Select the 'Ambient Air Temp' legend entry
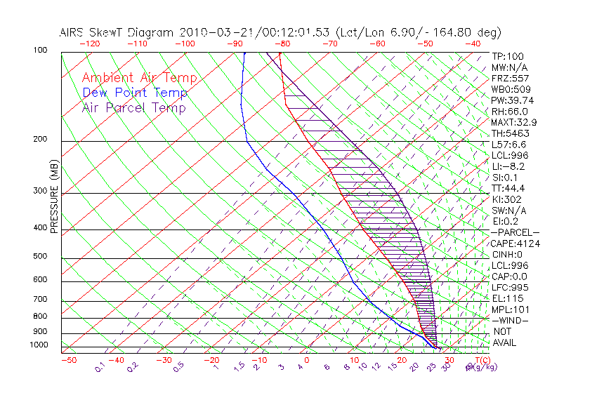(x=139, y=78)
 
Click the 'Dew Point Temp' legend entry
(x=135, y=93)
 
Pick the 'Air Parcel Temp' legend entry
(x=133, y=107)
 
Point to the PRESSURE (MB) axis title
(x=55, y=197)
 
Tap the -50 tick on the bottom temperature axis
(x=68, y=360)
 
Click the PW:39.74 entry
(x=509, y=100)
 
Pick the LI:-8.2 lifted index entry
(x=508, y=166)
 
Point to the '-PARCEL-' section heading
(x=515, y=232)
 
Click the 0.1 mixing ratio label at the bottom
(x=99, y=366)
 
